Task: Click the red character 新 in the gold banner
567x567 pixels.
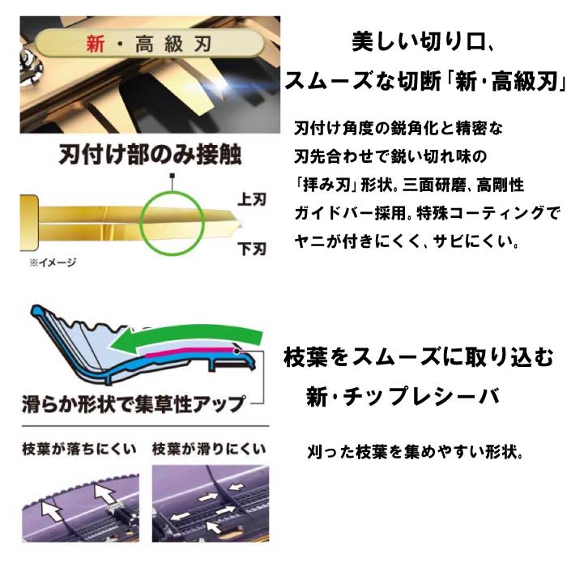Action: tap(95, 44)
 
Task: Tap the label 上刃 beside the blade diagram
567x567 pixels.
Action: tap(252, 199)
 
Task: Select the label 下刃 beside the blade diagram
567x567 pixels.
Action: tap(252, 249)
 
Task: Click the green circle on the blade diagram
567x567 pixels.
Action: tap(173, 192)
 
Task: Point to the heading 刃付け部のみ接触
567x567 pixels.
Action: tap(150, 155)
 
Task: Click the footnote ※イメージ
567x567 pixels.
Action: tap(53, 262)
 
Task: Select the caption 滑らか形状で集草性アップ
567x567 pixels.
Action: tap(134, 404)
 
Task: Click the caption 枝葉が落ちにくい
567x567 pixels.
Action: tap(79, 449)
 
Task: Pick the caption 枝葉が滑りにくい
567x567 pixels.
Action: tap(209, 449)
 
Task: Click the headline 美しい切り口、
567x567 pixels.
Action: tap(423, 42)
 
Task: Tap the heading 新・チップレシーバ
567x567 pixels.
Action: tap(403, 396)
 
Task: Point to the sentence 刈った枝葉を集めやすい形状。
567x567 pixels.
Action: tap(416, 452)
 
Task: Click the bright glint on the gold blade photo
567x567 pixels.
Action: tap(220, 84)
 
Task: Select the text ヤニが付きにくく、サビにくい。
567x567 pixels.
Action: tap(407, 241)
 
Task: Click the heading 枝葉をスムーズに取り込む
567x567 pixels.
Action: tap(419, 357)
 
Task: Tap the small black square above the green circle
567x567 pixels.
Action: tap(173, 176)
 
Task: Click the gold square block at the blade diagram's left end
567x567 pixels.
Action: tap(29, 223)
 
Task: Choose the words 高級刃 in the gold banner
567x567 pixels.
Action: tap(173, 44)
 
